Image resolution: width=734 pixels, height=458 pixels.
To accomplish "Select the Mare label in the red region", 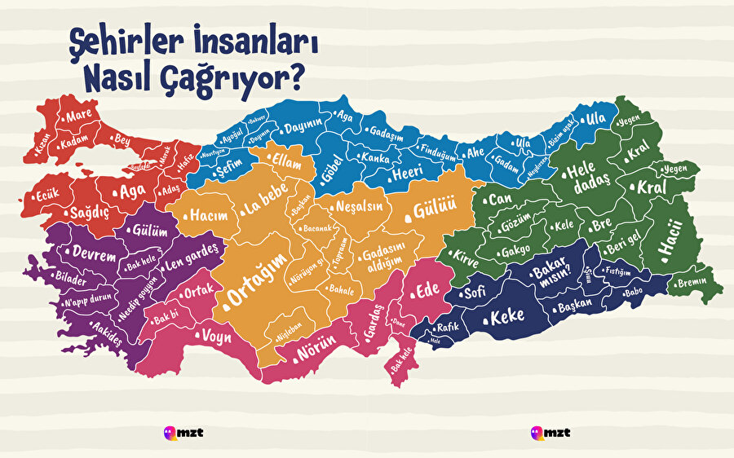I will [x=79, y=116].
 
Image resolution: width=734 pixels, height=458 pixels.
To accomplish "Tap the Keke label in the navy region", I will [x=506, y=316].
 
